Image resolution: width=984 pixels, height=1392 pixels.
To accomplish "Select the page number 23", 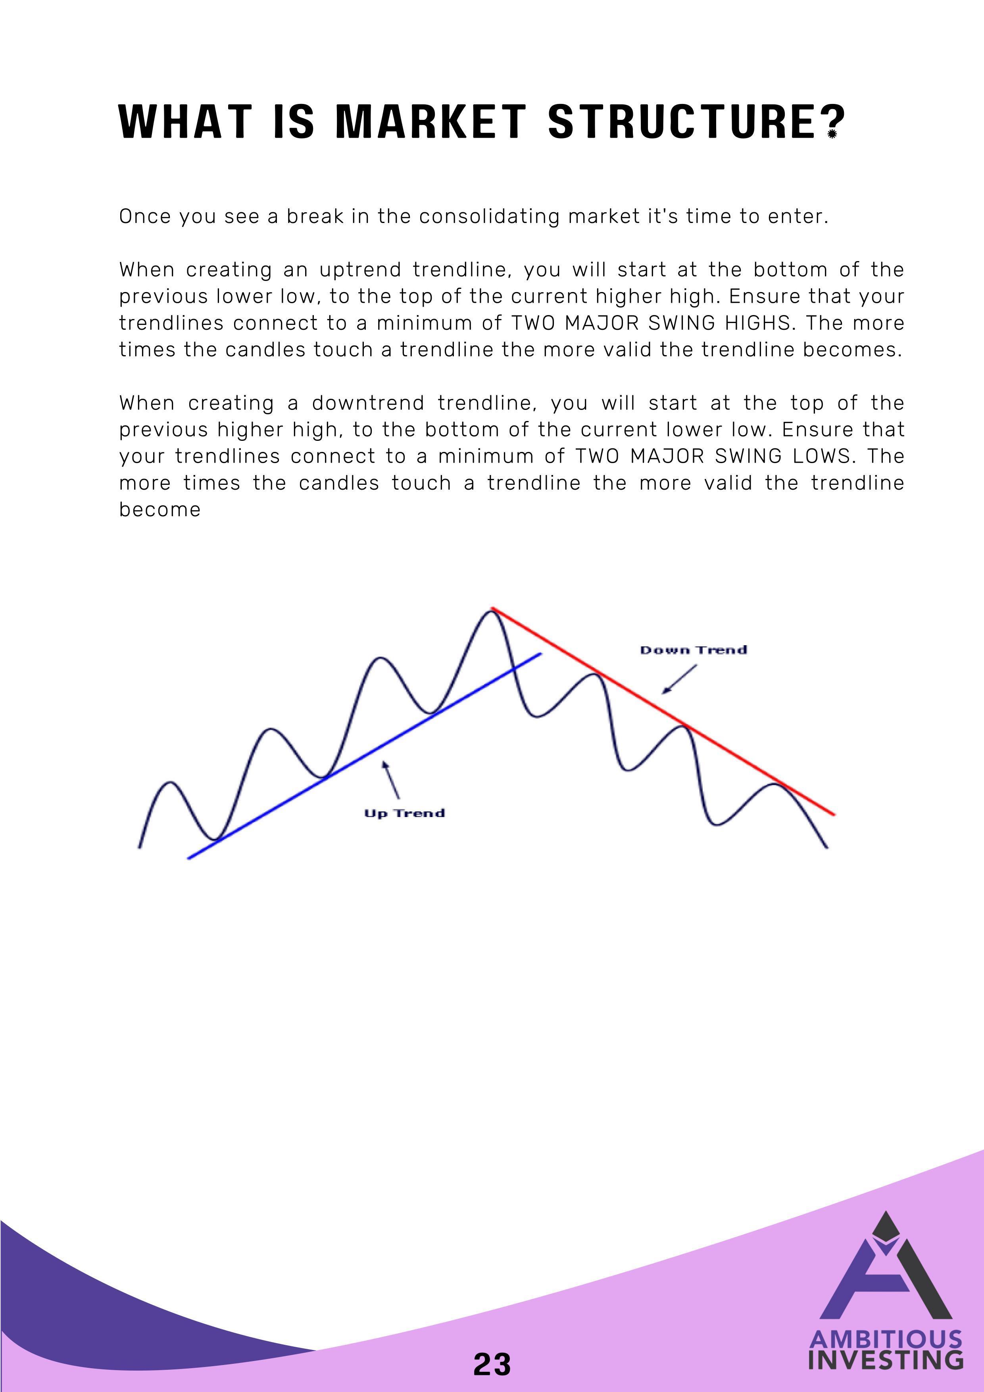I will click(492, 1365).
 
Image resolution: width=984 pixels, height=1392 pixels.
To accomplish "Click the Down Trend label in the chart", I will click(694, 650).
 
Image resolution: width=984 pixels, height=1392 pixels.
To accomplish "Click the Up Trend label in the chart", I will click(404, 813).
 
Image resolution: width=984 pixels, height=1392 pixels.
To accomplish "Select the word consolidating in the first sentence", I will click(489, 216).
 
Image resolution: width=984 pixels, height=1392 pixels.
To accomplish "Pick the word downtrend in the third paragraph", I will click(368, 403).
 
